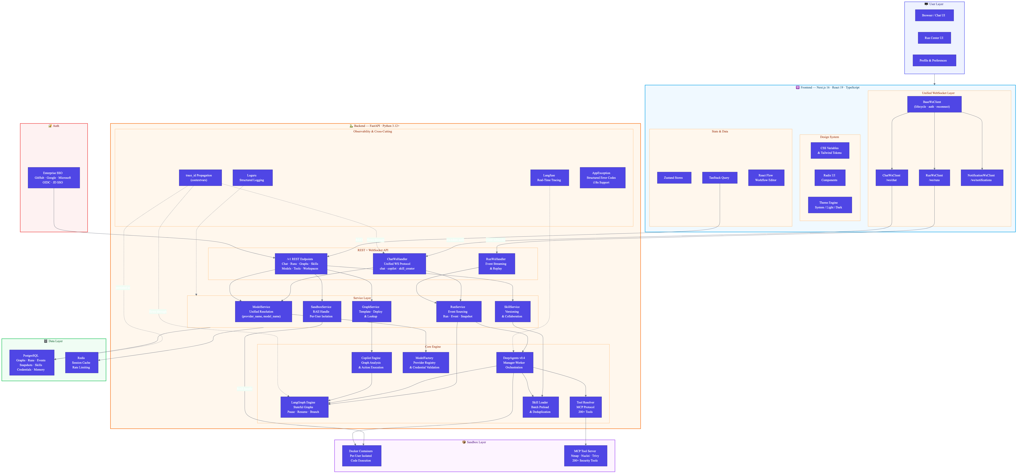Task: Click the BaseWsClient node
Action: click(934, 104)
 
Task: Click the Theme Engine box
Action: click(829, 205)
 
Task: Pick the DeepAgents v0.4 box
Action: click(514, 362)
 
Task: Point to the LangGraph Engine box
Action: click(304, 407)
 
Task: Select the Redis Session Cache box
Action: click(82, 362)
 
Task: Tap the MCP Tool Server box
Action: click(585, 456)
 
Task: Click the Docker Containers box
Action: click(361, 456)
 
